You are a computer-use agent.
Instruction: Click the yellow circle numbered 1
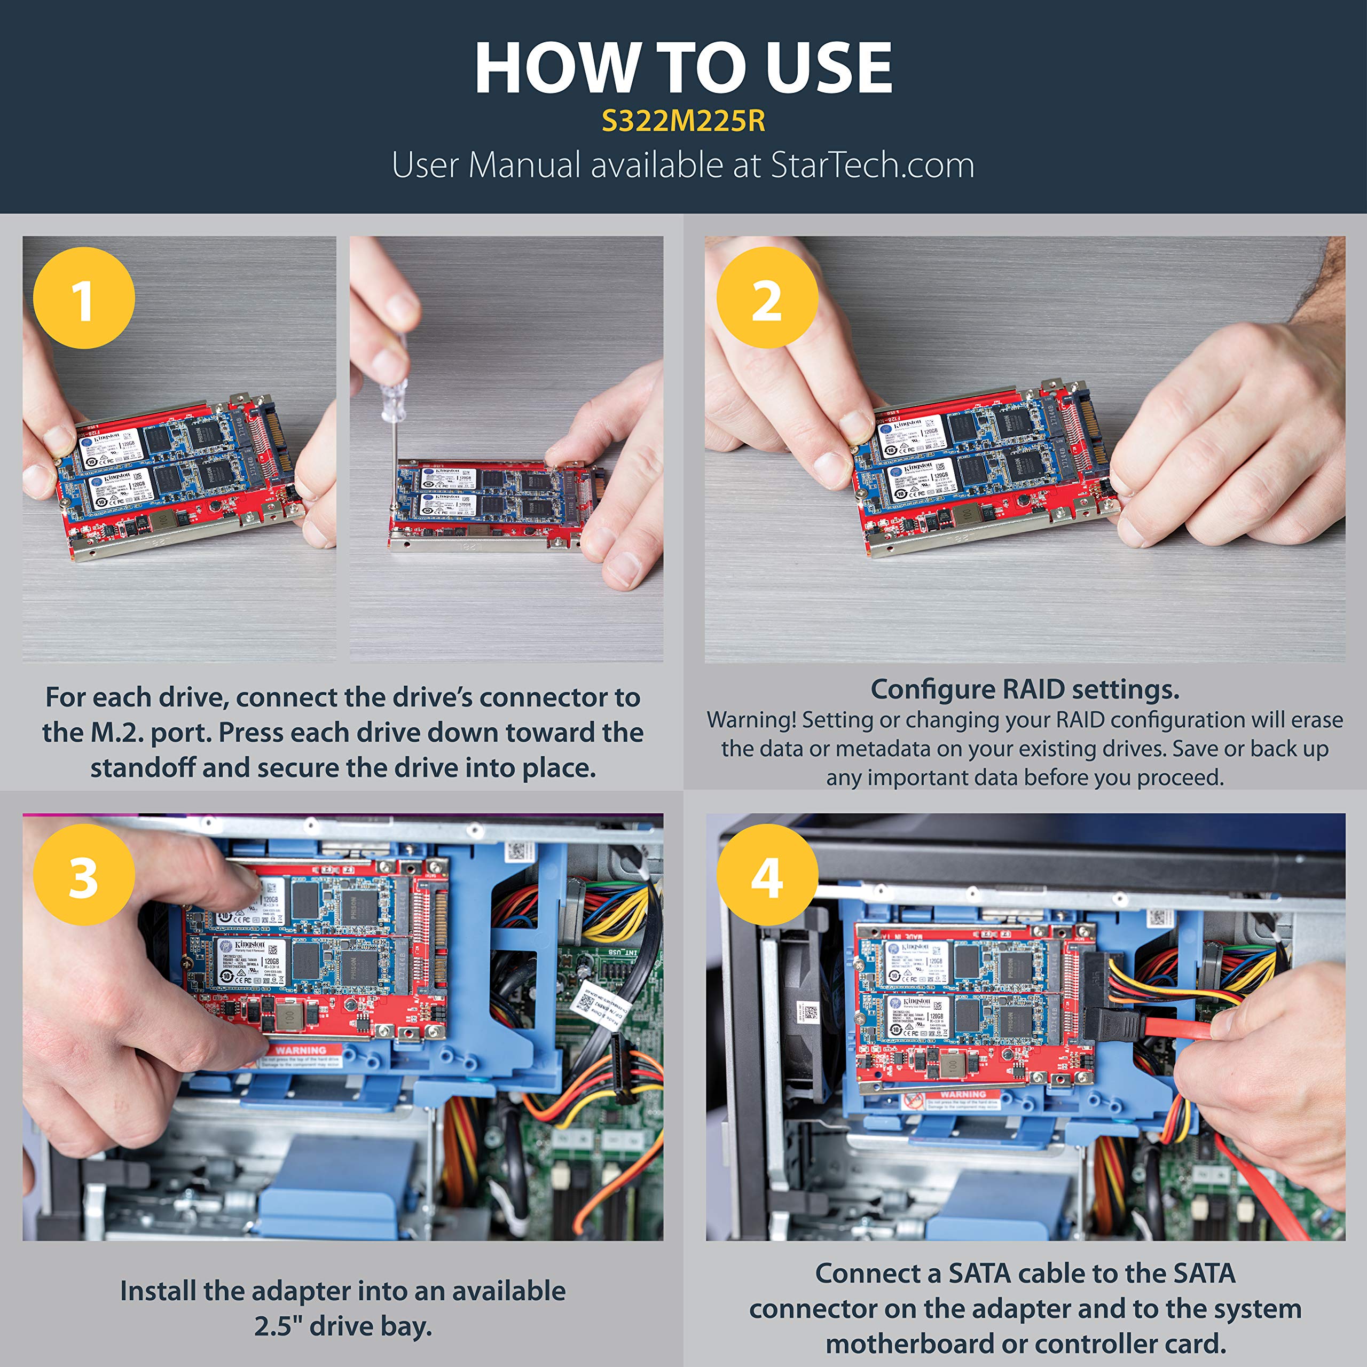83,298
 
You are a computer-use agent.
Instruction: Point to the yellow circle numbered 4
767,875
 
